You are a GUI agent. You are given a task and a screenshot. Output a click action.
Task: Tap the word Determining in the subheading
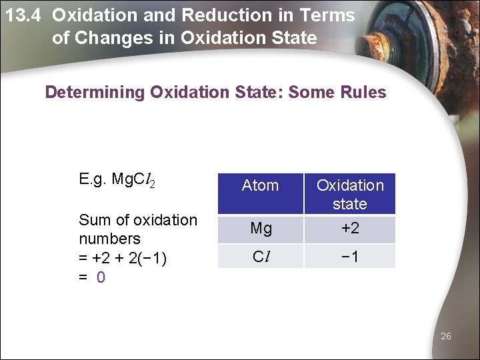(x=95, y=92)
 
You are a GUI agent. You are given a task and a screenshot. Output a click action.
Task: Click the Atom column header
(x=260, y=185)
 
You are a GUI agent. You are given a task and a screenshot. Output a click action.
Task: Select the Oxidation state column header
(x=350, y=194)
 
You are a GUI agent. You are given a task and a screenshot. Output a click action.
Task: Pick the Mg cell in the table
(x=261, y=229)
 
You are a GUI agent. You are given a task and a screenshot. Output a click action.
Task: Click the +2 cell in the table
(x=350, y=229)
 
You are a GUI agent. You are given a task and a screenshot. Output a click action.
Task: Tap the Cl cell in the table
(x=261, y=256)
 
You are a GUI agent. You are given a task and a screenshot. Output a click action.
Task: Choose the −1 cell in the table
(x=350, y=256)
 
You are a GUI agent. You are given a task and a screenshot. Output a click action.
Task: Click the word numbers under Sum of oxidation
(x=109, y=239)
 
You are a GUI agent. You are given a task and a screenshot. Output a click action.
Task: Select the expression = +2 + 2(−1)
(x=122, y=257)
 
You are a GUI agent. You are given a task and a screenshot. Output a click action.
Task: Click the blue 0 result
(x=101, y=277)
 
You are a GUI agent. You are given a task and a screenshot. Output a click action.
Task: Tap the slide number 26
(x=446, y=336)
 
